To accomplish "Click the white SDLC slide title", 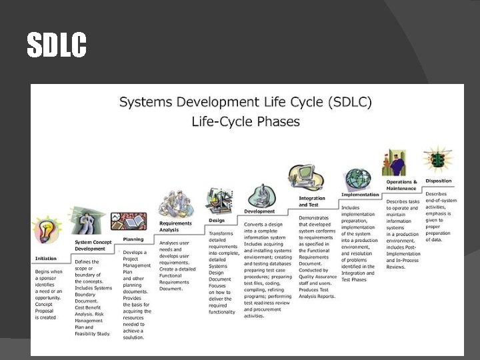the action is [x=57, y=45].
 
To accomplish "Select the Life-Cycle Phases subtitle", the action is [x=245, y=122].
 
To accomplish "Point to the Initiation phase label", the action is [x=45, y=258].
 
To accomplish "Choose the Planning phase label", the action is [x=133, y=238].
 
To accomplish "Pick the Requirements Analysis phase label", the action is [x=175, y=227].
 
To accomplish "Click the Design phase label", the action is [x=217, y=219].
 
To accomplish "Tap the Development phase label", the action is [x=259, y=211].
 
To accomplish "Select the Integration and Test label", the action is [x=312, y=201].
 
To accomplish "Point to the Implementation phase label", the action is [x=360, y=195].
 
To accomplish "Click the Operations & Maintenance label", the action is [x=401, y=185].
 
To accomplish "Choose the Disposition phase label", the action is [x=439, y=181].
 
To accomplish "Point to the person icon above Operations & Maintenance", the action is [x=395, y=162].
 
